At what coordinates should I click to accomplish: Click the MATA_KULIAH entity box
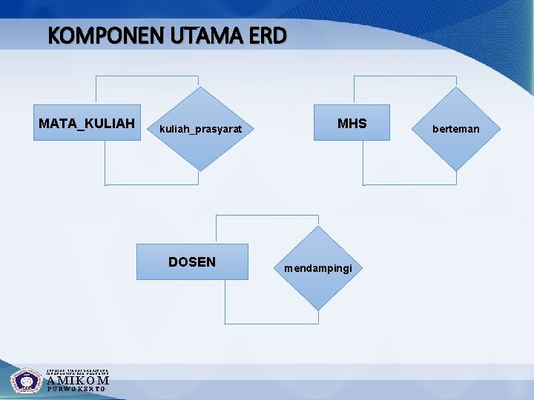pyautogui.click(x=88, y=123)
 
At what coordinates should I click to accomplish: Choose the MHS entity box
pyautogui.click(x=352, y=123)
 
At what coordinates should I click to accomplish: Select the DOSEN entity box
pyautogui.click(x=192, y=261)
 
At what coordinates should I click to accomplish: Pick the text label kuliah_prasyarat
pyautogui.click(x=201, y=129)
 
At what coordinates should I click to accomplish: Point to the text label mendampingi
pyautogui.click(x=318, y=267)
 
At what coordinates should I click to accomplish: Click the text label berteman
pyautogui.click(x=456, y=129)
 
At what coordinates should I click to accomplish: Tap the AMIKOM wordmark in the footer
pyautogui.click(x=78, y=381)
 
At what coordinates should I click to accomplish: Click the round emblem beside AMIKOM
pyautogui.click(x=27, y=381)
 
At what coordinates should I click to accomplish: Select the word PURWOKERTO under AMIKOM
pyautogui.click(x=78, y=389)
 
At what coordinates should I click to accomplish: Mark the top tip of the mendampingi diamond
pyautogui.click(x=318, y=226)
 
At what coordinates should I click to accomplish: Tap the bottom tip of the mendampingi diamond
pyautogui.click(x=318, y=310)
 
